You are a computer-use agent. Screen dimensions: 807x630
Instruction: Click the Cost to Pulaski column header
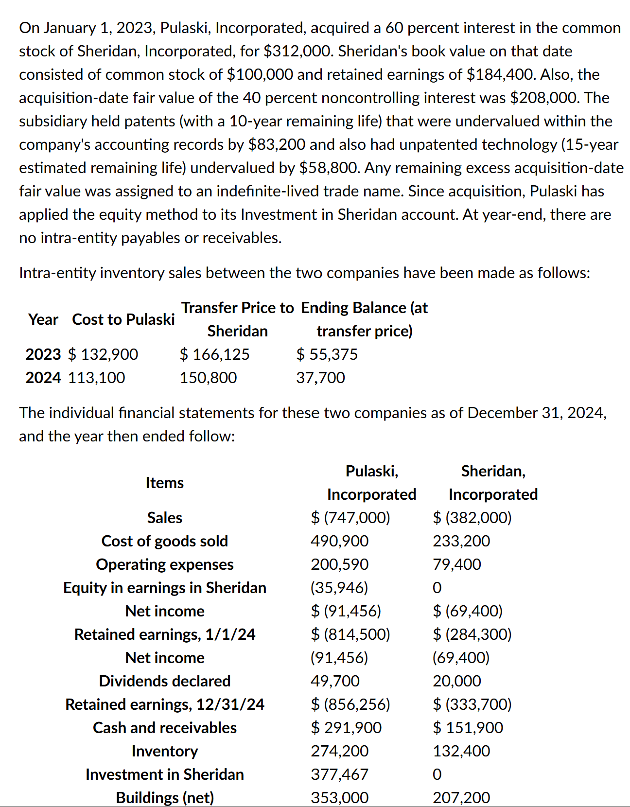coord(123,319)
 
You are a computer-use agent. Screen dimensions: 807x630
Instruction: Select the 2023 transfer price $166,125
coord(214,354)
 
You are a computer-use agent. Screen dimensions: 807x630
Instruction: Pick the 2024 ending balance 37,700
coord(320,378)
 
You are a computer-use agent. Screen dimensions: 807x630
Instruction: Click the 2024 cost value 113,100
coord(96,378)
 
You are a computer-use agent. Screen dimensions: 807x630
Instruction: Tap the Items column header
coord(164,483)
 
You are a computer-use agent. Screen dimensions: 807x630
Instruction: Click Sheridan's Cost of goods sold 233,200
coord(461,541)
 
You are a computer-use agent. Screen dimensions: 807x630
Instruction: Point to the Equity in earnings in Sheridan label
coord(164,588)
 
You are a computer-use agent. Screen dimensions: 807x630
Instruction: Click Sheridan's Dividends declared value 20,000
coord(457,681)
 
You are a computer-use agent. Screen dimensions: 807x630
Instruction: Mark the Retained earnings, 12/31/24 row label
coord(164,704)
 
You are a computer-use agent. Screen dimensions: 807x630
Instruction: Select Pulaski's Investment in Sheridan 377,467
coord(339,774)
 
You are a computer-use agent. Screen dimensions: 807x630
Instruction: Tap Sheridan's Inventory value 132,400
coord(461,751)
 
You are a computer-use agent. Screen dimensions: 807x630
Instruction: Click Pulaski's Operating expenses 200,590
coord(339,564)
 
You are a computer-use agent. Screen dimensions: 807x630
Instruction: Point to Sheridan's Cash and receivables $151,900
coord(468,728)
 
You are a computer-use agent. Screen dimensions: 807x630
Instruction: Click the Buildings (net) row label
coord(164,798)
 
